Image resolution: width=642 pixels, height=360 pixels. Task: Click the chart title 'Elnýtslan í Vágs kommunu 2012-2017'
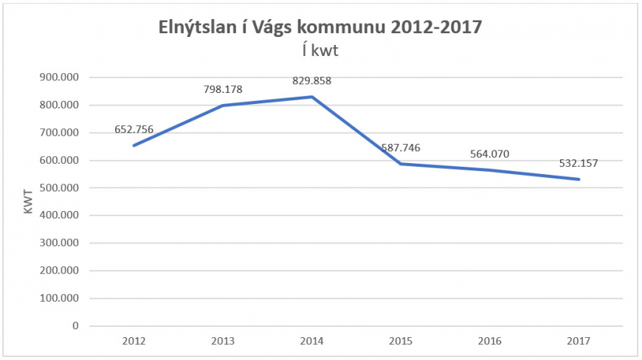(x=320, y=28)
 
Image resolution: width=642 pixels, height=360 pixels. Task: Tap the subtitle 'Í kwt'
(x=320, y=51)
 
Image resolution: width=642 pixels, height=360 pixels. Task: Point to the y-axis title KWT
(x=29, y=201)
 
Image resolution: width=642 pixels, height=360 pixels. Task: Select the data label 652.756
(x=134, y=130)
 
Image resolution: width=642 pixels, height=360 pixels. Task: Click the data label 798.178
(x=223, y=90)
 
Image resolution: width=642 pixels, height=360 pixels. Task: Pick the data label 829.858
(x=312, y=81)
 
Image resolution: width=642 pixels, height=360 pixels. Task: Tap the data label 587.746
(x=401, y=148)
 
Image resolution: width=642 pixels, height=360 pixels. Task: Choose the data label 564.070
(x=490, y=154)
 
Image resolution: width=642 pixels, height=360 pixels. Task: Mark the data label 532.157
(x=579, y=163)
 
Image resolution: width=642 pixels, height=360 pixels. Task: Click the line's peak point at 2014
(x=312, y=97)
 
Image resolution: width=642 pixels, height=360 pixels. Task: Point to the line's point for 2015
(x=401, y=164)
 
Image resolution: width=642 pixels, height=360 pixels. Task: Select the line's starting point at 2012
(x=134, y=145)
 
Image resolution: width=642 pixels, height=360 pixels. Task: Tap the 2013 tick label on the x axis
(x=223, y=342)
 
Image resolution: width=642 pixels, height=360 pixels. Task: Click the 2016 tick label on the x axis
(x=490, y=342)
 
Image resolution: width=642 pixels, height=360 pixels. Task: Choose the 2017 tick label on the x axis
(x=579, y=342)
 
